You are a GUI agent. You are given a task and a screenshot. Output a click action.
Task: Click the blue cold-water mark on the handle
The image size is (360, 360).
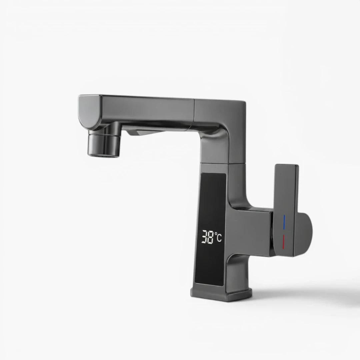tap(284, 222)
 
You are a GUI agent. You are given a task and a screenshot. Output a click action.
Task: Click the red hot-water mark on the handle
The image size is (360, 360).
tap(284, 242)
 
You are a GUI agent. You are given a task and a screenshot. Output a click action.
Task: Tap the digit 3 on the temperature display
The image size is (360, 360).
tap(205, 237)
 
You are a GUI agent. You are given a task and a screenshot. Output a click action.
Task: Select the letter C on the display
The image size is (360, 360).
tap(219, 238)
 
